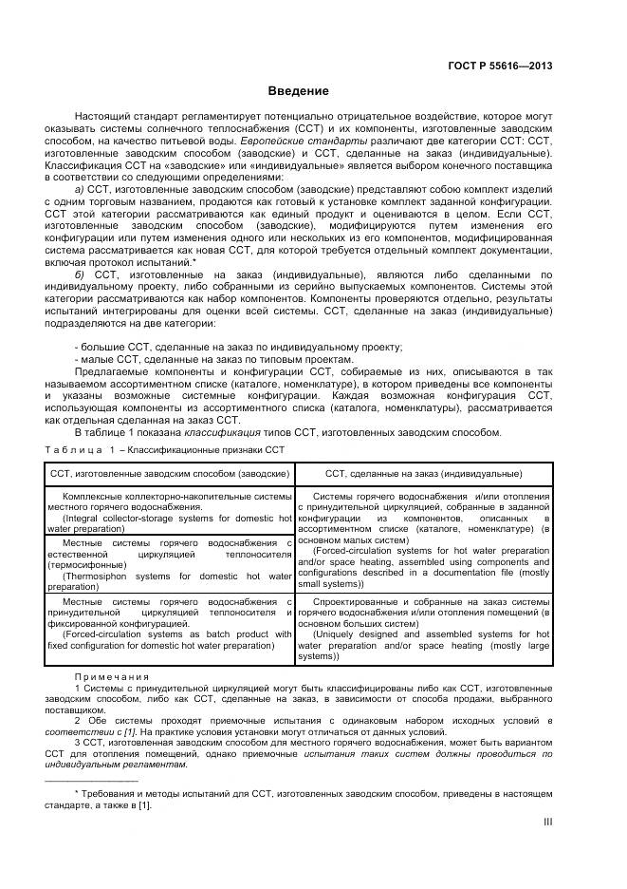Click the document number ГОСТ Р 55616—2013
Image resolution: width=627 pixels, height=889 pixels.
pos(500,66)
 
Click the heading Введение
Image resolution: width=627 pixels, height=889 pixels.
pos(298,92)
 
